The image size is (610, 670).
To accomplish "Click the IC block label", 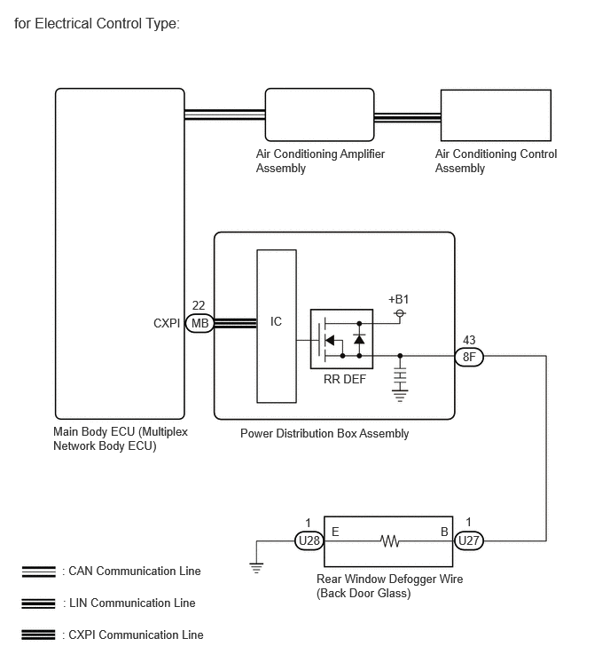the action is [277, 321].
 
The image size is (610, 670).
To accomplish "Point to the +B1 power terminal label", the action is [398, 299].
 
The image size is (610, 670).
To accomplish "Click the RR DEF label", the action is [345, 379].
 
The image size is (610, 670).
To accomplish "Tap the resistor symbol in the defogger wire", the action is [390, 541].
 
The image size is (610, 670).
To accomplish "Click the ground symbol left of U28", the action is [256, 568].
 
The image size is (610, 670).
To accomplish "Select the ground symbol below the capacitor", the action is [400, 396].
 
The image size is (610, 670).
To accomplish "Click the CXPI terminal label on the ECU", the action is [167, 323].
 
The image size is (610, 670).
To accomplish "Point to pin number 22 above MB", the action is [199, 305].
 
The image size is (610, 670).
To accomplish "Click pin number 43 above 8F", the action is [469, 340].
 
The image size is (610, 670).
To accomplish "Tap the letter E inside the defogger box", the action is [335, 532].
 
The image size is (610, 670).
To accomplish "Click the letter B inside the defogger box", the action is [444, 532].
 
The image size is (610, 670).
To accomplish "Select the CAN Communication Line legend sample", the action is [38, 571].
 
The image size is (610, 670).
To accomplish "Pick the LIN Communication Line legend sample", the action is [38, 603].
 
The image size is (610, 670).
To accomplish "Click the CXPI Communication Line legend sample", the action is [38, 635].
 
